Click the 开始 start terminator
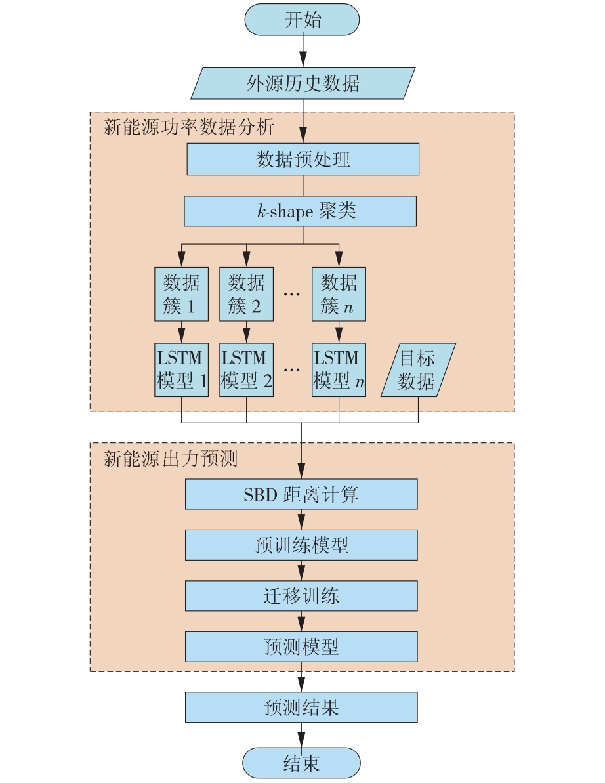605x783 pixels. click(302, 20)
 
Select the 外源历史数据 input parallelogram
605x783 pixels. click(302, 83)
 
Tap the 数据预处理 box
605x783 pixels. click(302, 159)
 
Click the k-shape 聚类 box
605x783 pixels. click(301, 211)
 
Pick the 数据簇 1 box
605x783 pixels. click(181, 293)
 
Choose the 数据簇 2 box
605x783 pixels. click(246, 293)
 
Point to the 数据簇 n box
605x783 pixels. click(339, 293)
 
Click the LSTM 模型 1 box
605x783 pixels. click(181, 370)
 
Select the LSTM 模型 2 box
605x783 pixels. click(246, 370)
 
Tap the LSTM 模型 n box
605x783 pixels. click(339, 370)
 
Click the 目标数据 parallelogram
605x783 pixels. click(418, 370)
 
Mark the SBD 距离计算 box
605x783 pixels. click(301, 494)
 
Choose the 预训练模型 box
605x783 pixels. click(301, 545)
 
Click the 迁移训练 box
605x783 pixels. click(301, 596)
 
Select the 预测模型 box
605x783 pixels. click(301, 646)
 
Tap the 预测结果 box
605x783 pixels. click(301, 708)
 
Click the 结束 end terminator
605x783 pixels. click(301, 763)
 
